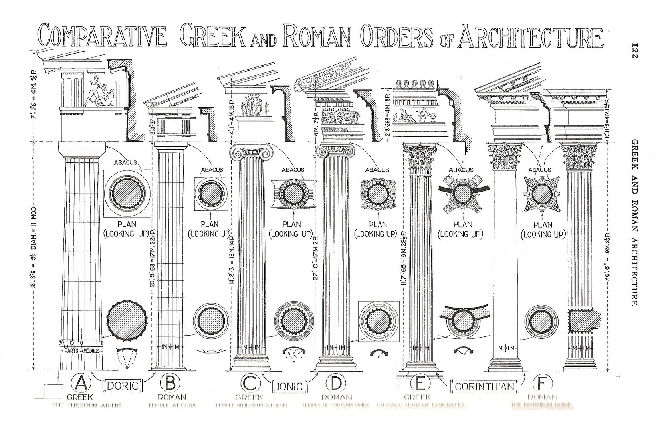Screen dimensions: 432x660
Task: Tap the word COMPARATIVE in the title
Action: click(102, 38)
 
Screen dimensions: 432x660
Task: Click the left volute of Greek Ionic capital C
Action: click(236, 152)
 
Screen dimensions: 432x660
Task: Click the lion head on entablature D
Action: click(300, 87)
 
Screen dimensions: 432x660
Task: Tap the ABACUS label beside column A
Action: click(125, 163)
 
